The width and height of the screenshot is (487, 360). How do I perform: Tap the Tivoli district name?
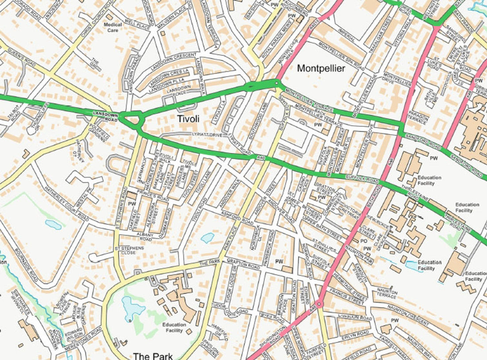[x=188, y=119]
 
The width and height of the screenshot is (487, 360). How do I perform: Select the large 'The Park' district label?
[x=153, y=356]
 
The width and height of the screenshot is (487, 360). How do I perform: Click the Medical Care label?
[x=113, y=27]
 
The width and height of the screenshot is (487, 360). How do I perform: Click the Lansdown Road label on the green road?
[x=105, y=116]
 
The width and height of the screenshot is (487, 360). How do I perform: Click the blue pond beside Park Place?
[x=207, y=238]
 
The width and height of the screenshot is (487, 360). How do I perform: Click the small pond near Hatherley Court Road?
[x=53, y=225]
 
